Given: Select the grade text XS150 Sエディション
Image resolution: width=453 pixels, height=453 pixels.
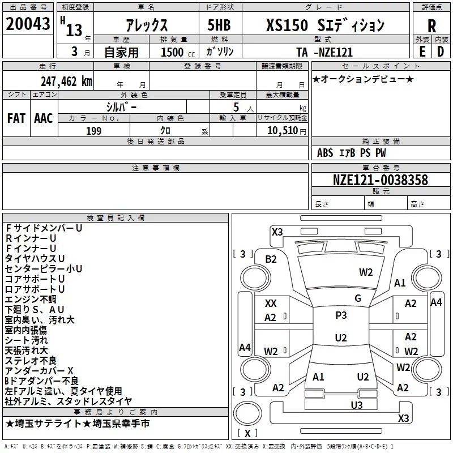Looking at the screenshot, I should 325,25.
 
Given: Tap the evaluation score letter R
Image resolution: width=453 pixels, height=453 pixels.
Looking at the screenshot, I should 431,26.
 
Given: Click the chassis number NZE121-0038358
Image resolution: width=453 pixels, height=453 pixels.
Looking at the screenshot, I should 381,181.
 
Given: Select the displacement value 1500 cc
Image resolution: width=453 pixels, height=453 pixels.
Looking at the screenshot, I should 173,52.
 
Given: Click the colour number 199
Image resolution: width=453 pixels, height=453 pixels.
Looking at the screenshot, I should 93,131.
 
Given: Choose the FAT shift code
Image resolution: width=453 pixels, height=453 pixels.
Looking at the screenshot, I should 16,118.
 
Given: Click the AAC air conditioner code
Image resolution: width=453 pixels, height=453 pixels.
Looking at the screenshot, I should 43,118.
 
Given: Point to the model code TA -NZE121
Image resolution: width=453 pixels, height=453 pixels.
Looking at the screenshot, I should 324,52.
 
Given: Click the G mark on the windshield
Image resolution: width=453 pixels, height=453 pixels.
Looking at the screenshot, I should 357,298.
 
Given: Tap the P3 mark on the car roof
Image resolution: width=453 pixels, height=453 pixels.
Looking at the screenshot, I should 341,315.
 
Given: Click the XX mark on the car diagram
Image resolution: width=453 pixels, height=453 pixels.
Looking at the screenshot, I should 271,304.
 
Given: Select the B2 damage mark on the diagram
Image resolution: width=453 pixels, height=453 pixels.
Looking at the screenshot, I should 271,259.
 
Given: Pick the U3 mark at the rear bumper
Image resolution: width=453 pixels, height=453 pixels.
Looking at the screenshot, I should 357,404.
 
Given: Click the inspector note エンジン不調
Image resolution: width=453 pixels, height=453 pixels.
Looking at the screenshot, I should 31,299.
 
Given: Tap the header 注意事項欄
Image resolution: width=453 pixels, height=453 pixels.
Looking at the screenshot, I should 155,168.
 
